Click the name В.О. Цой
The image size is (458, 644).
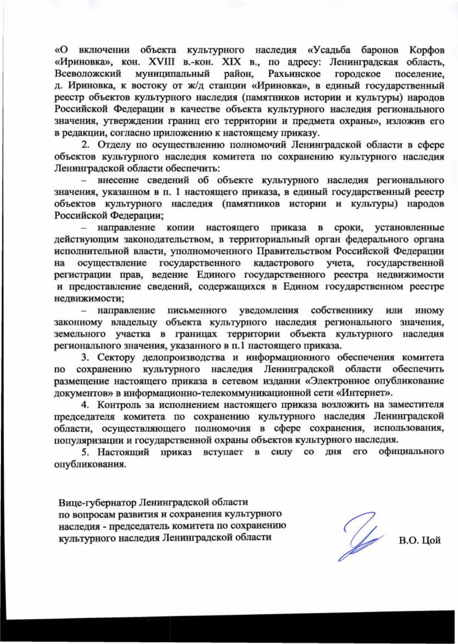tap(420, 540)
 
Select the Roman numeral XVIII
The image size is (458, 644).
tap(152, 62)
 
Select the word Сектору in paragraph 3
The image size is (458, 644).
tap(116, 357)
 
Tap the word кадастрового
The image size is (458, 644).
tap(283, 263)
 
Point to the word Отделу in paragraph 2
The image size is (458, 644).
tap(113, 145)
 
